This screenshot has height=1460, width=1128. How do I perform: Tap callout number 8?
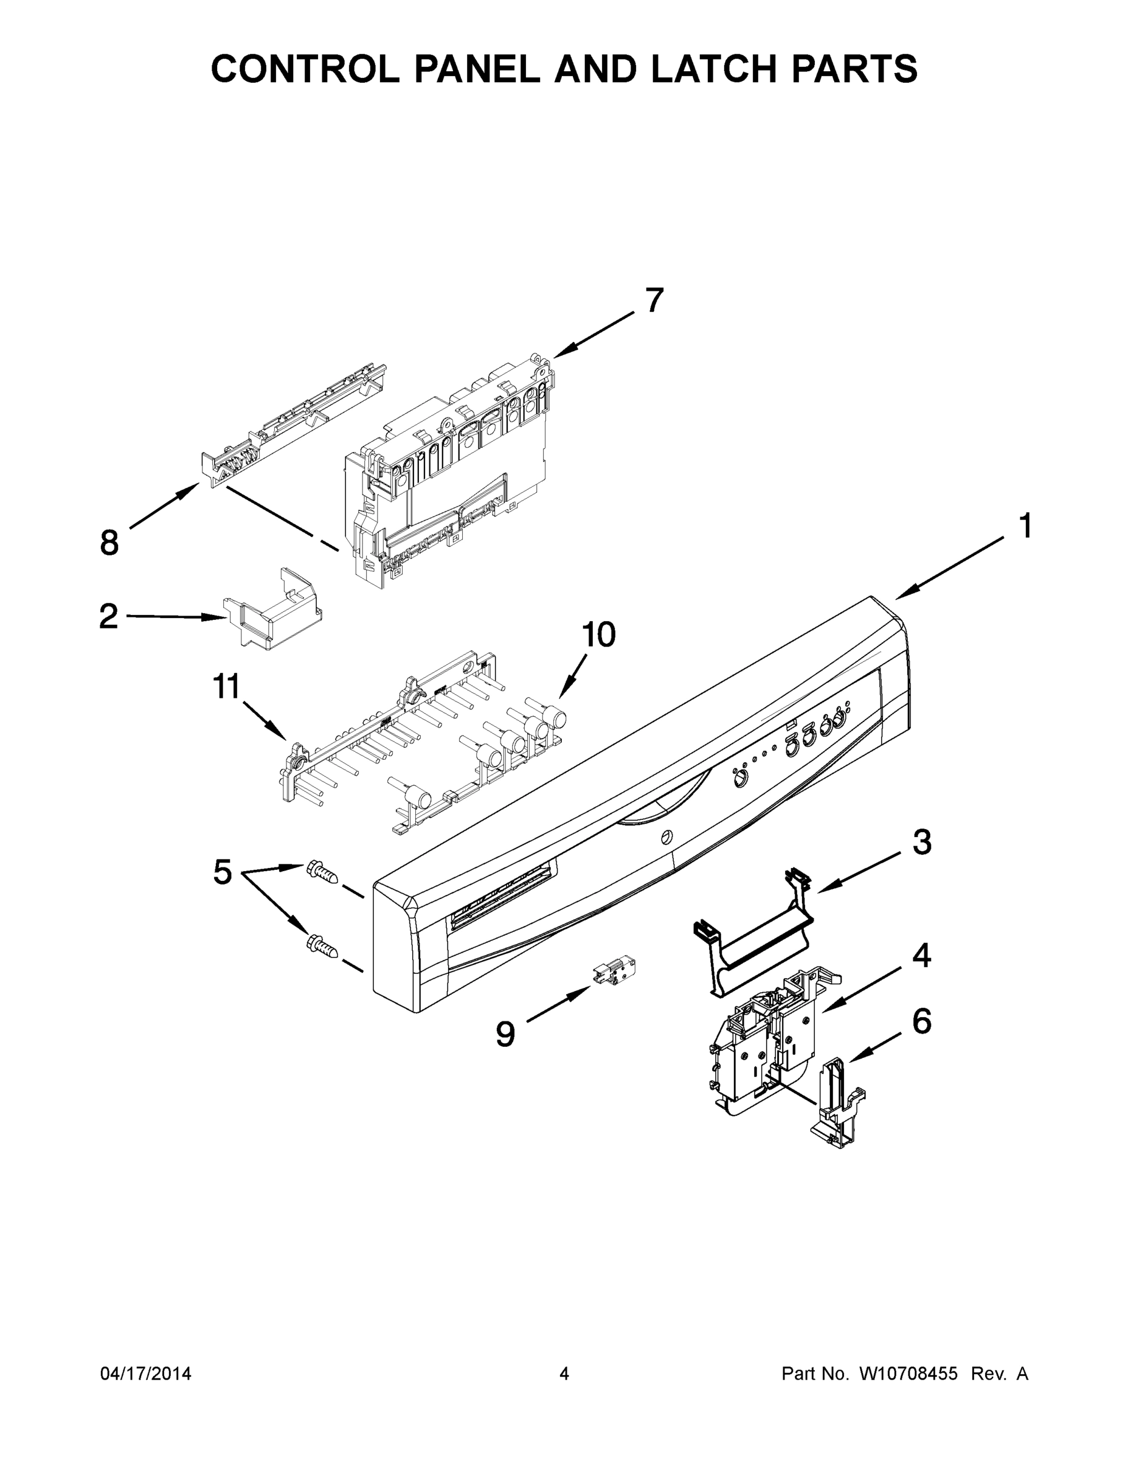109,542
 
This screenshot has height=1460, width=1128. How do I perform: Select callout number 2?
108,616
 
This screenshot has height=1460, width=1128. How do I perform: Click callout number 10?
598,634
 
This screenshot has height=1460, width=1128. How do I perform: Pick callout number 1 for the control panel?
1025,526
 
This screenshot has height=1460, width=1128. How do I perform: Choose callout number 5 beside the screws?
223,872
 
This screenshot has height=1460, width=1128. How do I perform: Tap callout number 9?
506,1034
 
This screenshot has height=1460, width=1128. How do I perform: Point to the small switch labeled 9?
614,970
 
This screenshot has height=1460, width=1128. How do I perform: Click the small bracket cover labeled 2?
272,610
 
